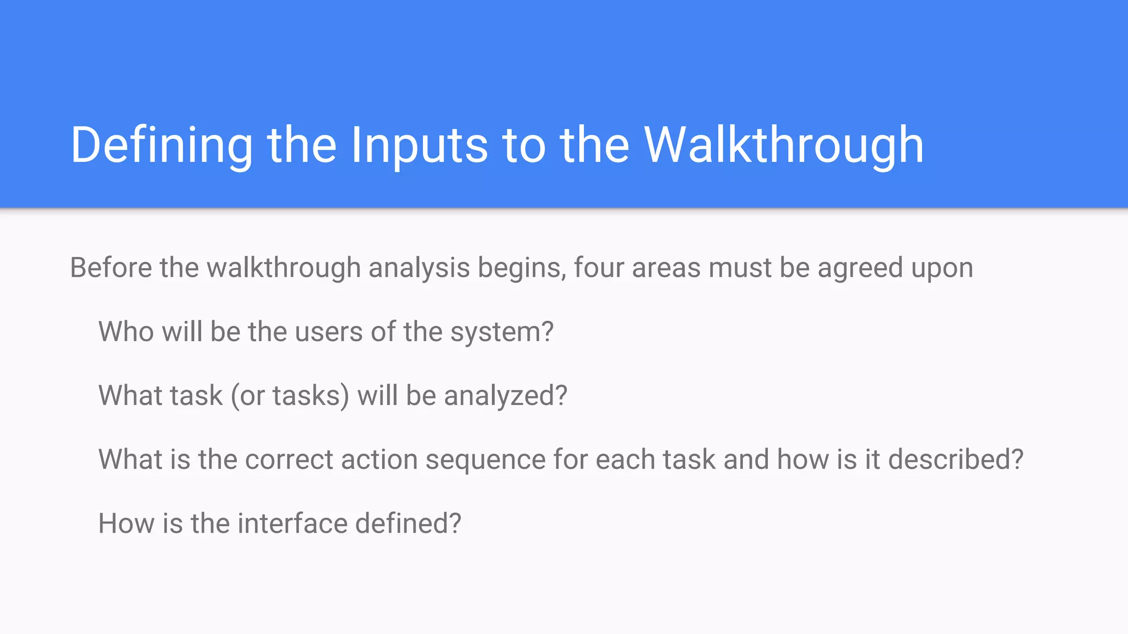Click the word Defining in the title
161,145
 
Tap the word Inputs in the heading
419,145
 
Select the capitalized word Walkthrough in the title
784,145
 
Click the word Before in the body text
111,268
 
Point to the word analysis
419,268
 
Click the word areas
666,268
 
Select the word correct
289,460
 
